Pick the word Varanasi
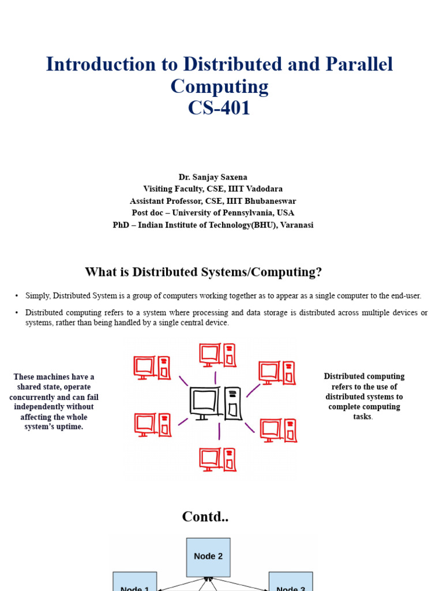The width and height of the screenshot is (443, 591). pos(295,225)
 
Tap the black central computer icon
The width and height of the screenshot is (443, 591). pos(216,403)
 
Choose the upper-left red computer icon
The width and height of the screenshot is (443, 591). pos(152,368)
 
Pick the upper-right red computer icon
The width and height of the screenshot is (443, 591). pos(277,373)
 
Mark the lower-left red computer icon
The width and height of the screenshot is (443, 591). pos(152,425)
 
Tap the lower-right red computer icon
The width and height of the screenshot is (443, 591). pos(279,430)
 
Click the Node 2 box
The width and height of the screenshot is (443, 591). pos(208,557)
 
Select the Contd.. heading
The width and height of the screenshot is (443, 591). pos(205,517)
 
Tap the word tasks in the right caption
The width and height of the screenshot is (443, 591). pos(363,417)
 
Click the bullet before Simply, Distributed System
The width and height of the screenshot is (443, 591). pos(17,296)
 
